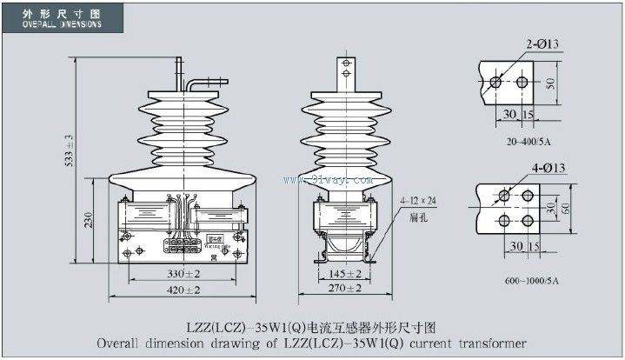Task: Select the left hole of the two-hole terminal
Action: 495,82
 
